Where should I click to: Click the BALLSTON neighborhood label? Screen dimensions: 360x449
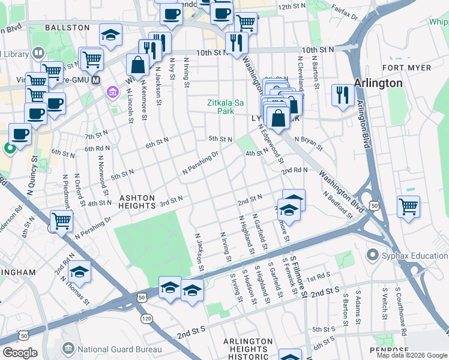(66, 28)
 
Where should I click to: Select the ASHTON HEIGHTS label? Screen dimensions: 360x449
(137, 202)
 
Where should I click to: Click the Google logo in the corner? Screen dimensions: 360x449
(19, 352)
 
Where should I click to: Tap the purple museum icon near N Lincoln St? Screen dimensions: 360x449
(112, 92)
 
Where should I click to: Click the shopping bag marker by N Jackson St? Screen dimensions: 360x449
(137, 65)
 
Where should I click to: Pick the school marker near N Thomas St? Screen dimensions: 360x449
(79, 272)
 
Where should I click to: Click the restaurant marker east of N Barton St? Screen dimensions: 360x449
(343, 94)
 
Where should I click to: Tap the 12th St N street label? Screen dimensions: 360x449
(292, 7)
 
